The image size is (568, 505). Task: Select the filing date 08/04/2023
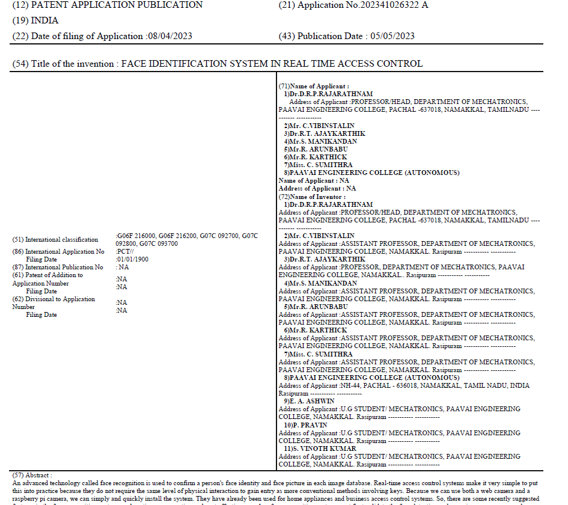pyautogui.click(x=170, y=36)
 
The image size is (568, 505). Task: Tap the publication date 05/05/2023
pyautogui.click(x=392, y=36)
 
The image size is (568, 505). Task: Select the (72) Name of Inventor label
pyautogui.click(x=312, y=197)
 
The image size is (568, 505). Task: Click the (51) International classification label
pyautogui.click(x=55, y=240)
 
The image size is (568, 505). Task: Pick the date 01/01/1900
pyautogui.click(x=133, y=260)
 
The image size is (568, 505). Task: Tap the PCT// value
pyautogui.click(x=125, y=252)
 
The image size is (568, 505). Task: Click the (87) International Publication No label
pyautogui.click(x=58, y=268)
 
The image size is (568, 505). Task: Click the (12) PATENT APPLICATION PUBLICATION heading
pyautogui.click(x=108, y=5)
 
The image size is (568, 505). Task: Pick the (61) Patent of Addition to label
pyautogui.click(x=48, y=275)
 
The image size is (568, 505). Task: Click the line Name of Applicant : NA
pyautogui.click(x=314, y=181)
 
